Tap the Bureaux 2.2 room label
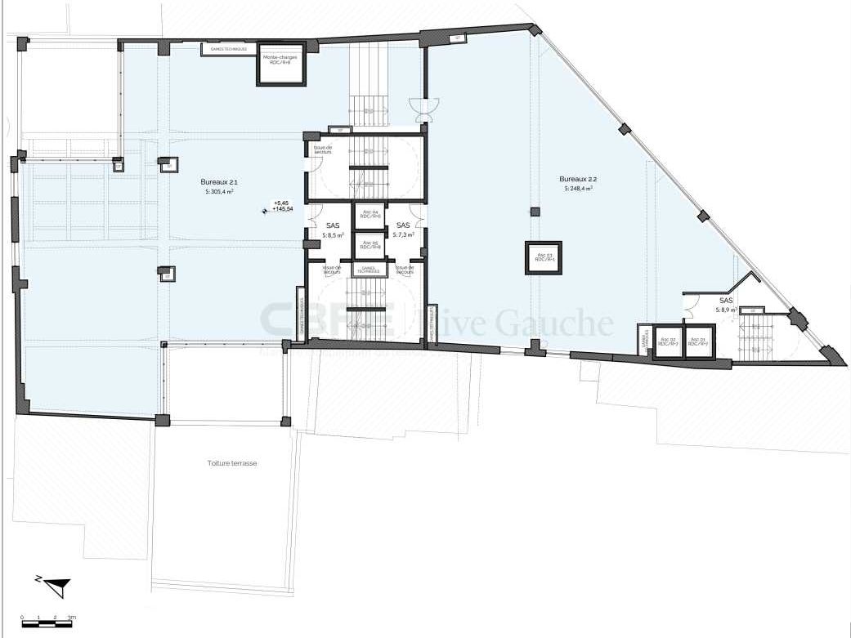click(576, 178)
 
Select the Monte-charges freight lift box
click(280, 65)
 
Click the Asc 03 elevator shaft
click(544, 258)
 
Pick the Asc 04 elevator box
click(370, 215)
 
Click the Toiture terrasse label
click(232, 462)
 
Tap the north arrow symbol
click(52, 584)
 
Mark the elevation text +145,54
click(283, 210)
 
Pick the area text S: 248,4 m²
click(576, 189)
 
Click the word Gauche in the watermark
click(563, 324)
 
